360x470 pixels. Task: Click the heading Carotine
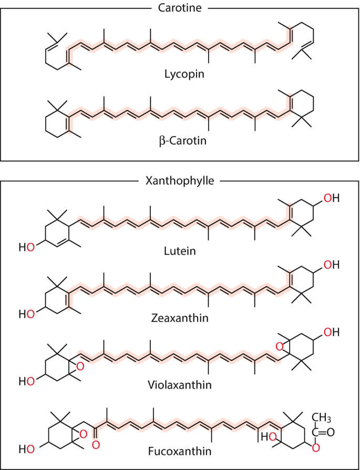pyautogui.click(x=180, y=8)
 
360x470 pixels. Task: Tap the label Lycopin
pyautogui.click(x=184, y=74)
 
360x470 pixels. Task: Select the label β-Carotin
pyautogui.click(x=183, y=140)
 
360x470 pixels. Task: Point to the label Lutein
pyautogui.click(x=180, y=250)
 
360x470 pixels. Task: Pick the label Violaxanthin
pyautogui.click(x=180, y=384)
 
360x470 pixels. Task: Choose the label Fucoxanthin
pyautogui.click(x=180, y=451)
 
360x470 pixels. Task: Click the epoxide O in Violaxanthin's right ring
pyautogui.click(x=279, y=347)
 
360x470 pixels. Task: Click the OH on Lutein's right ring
pyautogui.click(x=332, y=198)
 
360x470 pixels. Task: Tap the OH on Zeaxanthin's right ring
pyautogui.click(x=332, y=265)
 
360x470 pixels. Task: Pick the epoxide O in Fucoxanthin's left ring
pyautogui.click(x=84, y=434)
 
